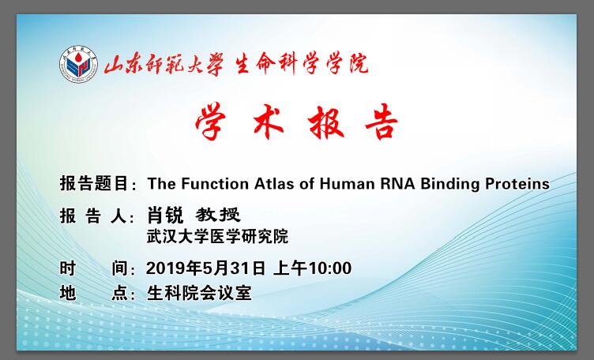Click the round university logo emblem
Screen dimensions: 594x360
click(78, 64)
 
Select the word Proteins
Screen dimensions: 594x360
click(517, 184)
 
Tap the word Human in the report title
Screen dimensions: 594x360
click(347, 184)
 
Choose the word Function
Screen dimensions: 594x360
click(215, 184)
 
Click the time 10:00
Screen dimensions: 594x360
click(329, 268)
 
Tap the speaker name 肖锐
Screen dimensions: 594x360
click(165, 216)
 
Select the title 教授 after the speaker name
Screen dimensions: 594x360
click(218, 215)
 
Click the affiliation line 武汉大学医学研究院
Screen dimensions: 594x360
click(217, 237)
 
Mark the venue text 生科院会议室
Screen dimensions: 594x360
click(199, 293)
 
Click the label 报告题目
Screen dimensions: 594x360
click(93, 184)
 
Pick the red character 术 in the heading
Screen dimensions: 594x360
click(269, 122)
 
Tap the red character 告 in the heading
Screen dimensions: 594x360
click(381, 122)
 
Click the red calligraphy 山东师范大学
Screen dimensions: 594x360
click(164, 64)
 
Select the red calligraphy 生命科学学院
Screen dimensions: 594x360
click(302, 64)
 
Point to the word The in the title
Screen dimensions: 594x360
click(162, 184)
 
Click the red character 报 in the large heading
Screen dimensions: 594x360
click(325, 122)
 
